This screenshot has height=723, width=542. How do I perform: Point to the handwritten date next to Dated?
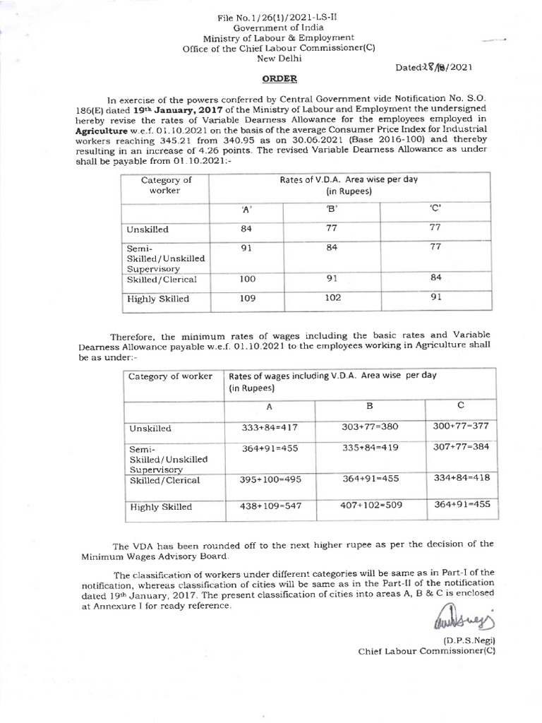pyautogui.click(x=442, y=68)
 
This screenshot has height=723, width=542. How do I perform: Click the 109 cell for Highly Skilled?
pyautogui.click(x=247, y=298)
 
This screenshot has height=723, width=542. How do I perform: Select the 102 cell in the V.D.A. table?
pyautogui.click(x=331, y=298)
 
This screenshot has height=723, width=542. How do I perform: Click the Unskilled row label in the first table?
pyautogui.click(x=147, y=230)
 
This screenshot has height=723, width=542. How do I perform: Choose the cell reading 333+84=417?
pyautogui.click(x=269, y=427)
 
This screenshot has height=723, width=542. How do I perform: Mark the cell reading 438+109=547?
pyautogui.click(x=269, y=506)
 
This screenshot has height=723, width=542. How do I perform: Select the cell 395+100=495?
pyautogui.click(x=269, y=479)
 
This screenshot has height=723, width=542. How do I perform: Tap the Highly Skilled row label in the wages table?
pyautogui.click(x=159, y=506)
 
